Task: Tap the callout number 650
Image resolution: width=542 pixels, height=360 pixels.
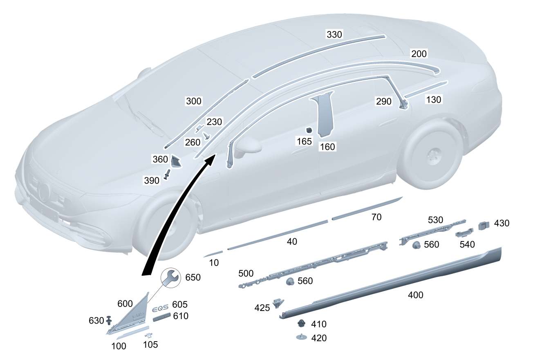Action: tap(193, 277)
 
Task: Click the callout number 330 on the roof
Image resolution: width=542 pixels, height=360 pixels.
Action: tap(334, 34)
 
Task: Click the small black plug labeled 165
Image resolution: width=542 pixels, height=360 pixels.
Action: tap(309, 130)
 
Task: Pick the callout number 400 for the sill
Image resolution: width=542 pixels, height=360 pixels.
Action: tap(415, 294)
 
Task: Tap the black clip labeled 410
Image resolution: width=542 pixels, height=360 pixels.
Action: tap(301, 323)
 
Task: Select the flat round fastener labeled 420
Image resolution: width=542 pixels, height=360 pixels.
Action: tap(301, 337)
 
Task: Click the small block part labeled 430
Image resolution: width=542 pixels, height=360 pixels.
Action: tap(484, 225)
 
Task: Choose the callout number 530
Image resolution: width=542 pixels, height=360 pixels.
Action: tap(435, 220)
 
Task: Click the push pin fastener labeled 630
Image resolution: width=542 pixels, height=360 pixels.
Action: tap(109, 320)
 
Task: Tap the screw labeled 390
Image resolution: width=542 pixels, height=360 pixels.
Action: tap(168, 174)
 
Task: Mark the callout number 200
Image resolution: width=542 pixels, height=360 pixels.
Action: tap(419, 54)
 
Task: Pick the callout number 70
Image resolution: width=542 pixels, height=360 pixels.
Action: tap(376, 217)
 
